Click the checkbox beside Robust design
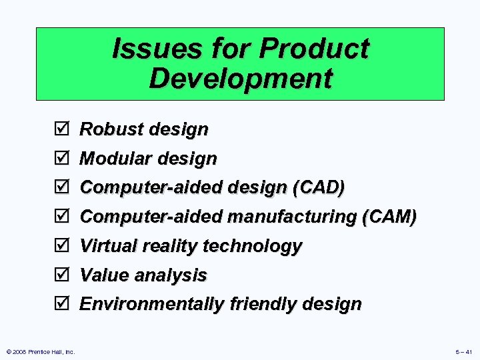(60, 129)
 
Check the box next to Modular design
(60, 159)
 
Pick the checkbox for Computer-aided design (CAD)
(60, 188)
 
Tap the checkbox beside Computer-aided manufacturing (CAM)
(60, 217)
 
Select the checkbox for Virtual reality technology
(60, 246)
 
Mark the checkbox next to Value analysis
(60, 275)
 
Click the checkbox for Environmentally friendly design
(60, 304)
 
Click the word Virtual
(107, 246)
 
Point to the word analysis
(174, 275)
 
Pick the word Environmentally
(152, 304)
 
